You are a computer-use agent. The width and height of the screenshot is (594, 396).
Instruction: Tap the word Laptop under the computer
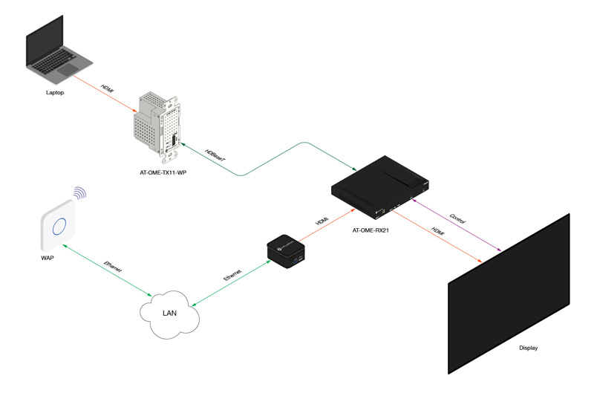55,92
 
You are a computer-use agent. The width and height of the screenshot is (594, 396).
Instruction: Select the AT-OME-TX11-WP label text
163,172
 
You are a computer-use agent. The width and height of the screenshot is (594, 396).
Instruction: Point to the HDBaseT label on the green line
215,156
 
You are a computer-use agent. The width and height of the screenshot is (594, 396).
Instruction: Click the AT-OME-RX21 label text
371,230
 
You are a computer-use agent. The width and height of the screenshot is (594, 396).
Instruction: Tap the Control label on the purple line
457,218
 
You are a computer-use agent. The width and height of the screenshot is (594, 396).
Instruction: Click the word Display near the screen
528,348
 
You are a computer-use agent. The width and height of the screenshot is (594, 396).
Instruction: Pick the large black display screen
509,293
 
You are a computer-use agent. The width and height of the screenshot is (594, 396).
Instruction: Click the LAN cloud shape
169,314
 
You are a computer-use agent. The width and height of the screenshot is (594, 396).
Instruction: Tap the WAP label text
48,258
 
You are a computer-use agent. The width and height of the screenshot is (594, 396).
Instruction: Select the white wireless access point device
58,226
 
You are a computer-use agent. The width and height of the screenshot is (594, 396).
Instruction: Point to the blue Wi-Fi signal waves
80,193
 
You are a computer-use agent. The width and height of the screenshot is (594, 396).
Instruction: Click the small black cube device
286,251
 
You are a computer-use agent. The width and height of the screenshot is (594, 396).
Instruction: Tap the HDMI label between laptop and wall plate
107,89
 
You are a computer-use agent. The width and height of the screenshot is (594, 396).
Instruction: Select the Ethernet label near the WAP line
113,267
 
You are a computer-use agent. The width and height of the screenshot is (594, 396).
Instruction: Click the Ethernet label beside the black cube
232,275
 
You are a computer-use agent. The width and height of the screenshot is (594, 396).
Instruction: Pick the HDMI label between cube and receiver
322,221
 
